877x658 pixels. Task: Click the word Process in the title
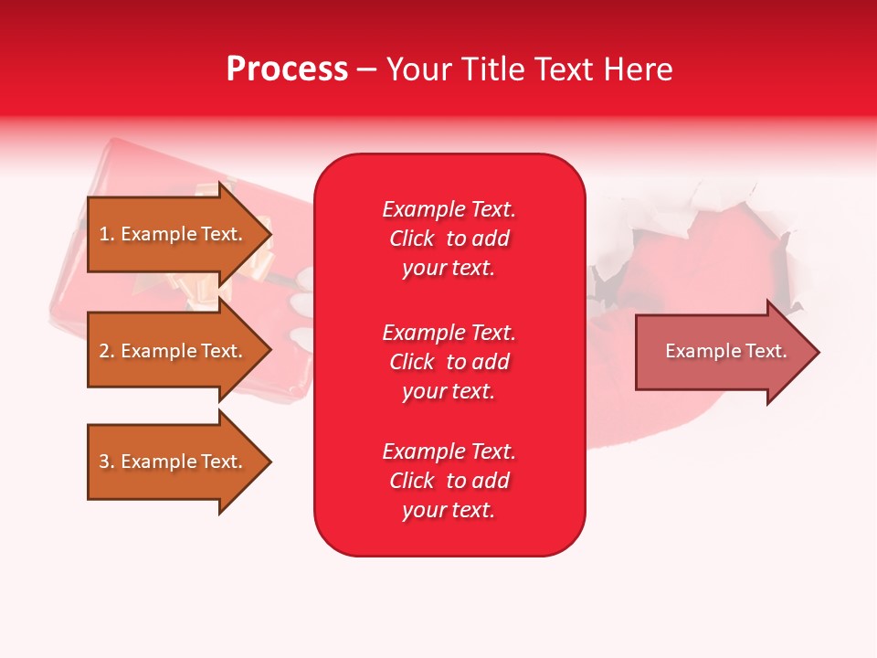[x=287, y=69]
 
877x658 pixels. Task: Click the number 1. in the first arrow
[x=106, y=234]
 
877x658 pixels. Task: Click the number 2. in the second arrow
[x=106, y=351]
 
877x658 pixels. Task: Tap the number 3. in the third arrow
[x=106, y=462]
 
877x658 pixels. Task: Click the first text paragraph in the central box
[x=449, y=239]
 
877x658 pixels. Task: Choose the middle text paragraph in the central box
[x=449, y=361]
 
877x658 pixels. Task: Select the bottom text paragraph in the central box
[x=449, y=481]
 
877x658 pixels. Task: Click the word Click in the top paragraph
[x=412, y=239]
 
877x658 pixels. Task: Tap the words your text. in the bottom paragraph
[x=449, y=510]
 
